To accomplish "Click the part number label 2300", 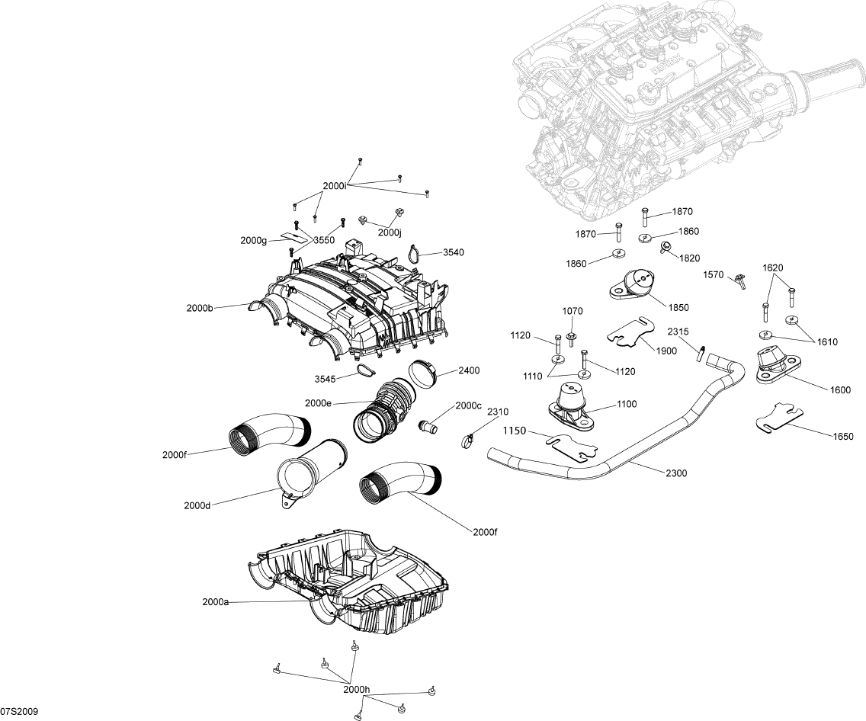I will coord(676,473).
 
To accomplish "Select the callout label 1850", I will coord(678,308).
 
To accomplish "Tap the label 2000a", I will coord(216,601).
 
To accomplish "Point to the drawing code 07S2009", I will coord(20,711).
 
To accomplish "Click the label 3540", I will coord(453,252).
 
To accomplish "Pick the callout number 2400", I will coord(469,372).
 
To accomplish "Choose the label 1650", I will coord(842,436).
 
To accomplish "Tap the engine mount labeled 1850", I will coord(635,285).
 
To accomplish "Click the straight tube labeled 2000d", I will coord(310,473).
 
